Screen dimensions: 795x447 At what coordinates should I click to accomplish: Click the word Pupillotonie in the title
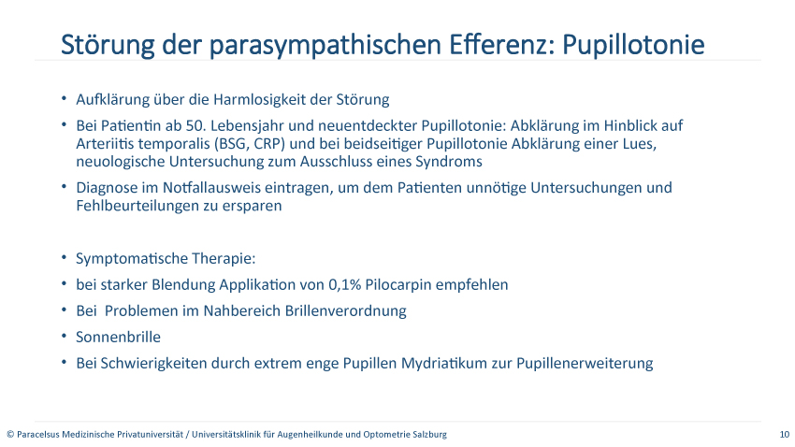click(633, 44)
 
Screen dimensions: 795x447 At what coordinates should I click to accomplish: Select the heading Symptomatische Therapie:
click(166, 259)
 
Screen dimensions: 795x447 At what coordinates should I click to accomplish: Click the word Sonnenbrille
click(118, 337)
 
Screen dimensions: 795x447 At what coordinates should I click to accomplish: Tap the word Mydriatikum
click(444, 364)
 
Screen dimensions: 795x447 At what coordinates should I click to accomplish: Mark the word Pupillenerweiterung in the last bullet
click(585, 364)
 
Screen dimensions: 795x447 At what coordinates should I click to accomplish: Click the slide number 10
click(785, 434)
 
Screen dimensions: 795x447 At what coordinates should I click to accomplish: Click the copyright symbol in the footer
click(10, 434)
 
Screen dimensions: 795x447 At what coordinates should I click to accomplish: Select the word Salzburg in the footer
click(430, 434)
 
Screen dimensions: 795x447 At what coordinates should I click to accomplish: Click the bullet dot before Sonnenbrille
click(64, 336)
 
